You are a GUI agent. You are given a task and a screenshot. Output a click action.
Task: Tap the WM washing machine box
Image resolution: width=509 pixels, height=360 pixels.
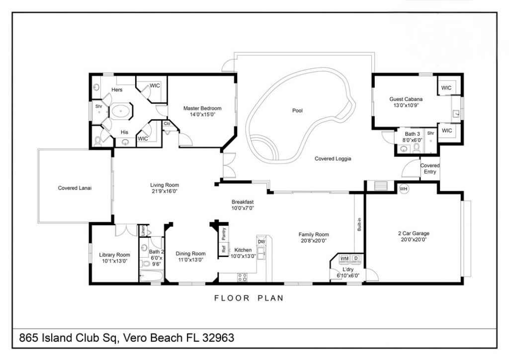coord(344,259)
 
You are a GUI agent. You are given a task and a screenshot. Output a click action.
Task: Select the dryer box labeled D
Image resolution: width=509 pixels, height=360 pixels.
coord(356,259)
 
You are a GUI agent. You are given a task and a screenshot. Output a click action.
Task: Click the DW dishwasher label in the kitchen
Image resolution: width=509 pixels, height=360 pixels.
coord(261,242)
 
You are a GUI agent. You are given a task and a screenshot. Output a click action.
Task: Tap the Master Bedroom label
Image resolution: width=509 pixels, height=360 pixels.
coord(202,108)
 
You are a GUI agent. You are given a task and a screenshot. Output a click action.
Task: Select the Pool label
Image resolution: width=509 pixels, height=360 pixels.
coord(297,110)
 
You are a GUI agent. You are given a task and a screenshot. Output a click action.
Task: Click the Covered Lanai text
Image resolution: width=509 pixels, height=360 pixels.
coord(75,188)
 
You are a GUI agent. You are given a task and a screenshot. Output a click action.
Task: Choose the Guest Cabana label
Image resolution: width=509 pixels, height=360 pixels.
coord(406,99)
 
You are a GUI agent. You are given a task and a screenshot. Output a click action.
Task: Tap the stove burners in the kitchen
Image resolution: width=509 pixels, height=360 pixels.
coord(242,277)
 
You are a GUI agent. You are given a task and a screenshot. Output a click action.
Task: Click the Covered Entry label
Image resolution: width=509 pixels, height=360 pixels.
coord(429,169)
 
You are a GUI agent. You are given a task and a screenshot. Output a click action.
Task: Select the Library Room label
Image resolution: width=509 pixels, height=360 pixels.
coord(114,255)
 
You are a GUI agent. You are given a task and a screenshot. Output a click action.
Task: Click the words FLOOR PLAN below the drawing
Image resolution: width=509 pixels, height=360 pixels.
coord(249,298)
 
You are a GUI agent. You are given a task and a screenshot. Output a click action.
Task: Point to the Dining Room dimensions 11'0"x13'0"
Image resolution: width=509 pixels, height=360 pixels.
coord(190,260)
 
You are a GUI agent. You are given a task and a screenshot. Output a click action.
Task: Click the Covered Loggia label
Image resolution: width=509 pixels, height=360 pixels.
coord(333,159)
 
